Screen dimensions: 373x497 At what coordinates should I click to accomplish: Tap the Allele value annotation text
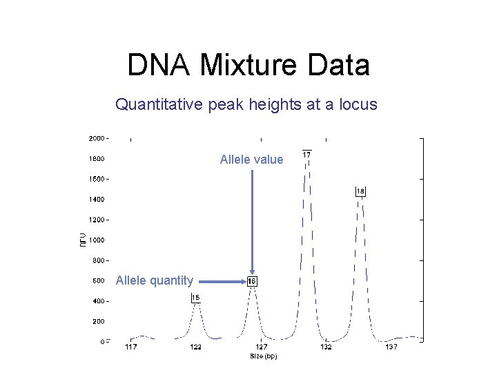pyautogui.click(x=251, y=160)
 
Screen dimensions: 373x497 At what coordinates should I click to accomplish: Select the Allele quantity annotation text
pyautogui.click(x=155, y=280)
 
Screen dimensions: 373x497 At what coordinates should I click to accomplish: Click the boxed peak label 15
pyautogui.click(x=196, y=298)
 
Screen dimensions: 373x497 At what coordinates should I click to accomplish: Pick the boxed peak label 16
pyautogui.click(x=253, y=281)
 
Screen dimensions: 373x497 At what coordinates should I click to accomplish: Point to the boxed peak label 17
pyautogui.click(x=306, y=154)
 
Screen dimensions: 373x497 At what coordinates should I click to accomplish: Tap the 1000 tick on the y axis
pyautogui.click(x=96, y=240)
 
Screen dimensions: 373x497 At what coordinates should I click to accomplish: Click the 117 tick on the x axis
pyautogui.click(x=130, y=347)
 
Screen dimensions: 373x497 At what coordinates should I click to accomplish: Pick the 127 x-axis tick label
pyautogui.click(x=261, y=347)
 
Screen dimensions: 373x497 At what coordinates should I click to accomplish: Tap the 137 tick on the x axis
pyautogui.click(x=391, y=347)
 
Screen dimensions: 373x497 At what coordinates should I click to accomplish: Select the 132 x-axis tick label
pyautogui.click(x=326, y=347)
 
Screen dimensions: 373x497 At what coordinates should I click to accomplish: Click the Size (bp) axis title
pyautogui.click(x=263, y=356)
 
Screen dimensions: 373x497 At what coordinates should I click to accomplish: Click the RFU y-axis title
pyautogui.click(x=83, y=240)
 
